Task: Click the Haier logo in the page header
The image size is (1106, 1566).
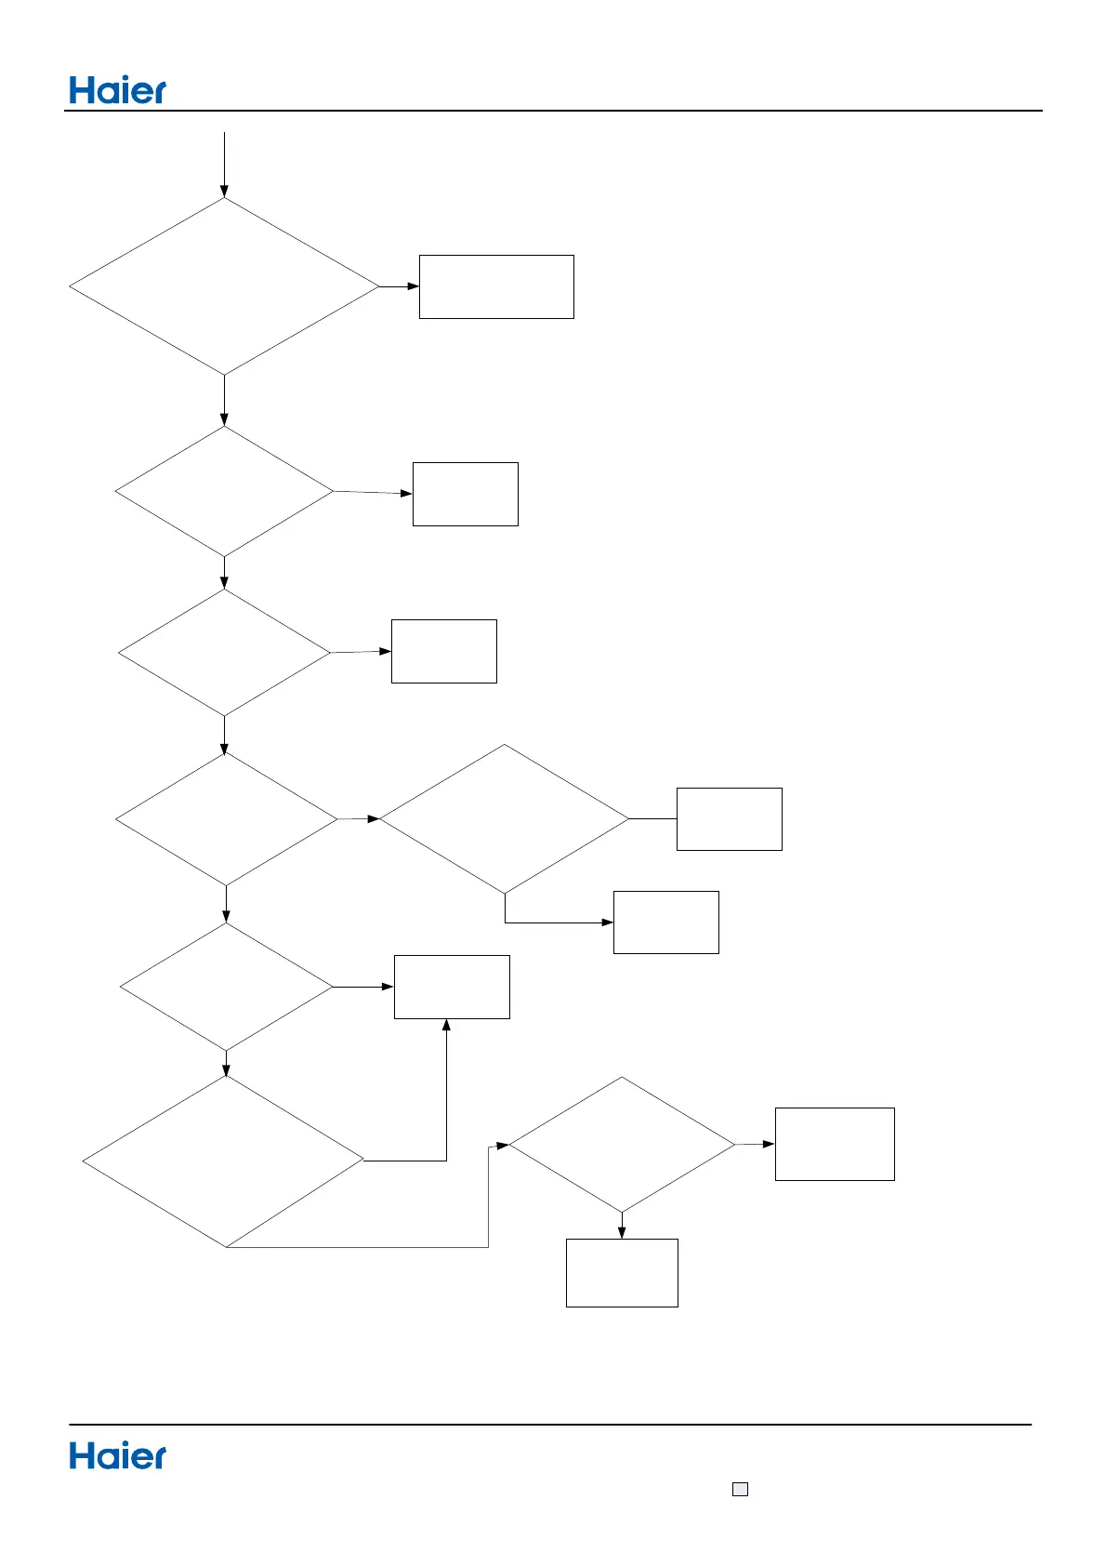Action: point(118,90)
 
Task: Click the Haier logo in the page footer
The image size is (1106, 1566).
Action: point(118,1456)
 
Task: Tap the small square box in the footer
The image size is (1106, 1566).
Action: point(740,1489)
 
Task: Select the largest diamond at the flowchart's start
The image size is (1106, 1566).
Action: point(224,286)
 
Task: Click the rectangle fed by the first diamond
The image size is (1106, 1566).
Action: point(496,286)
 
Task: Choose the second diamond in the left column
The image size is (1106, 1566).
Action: point(224,491)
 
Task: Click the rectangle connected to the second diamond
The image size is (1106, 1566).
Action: point(465,494)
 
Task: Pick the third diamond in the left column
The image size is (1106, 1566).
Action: point(224,653)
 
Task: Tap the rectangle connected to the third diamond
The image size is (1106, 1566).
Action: point(443,651)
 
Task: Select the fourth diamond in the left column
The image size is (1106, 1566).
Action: point(226,819)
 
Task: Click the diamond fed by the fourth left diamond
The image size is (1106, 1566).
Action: point(505,818)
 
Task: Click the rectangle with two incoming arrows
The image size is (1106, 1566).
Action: point(452,987)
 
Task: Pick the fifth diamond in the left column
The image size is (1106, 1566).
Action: point(226,987)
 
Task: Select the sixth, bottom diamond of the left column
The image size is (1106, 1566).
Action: point(224,1161)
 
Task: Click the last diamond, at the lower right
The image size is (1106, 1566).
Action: point(622,1145)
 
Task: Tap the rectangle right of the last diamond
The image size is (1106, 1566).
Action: point(835,1144)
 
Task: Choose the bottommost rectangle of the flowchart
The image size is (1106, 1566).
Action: point(622,1272)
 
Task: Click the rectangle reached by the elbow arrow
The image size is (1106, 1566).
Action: point(665,922)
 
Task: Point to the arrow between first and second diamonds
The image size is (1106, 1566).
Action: point(224,401)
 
